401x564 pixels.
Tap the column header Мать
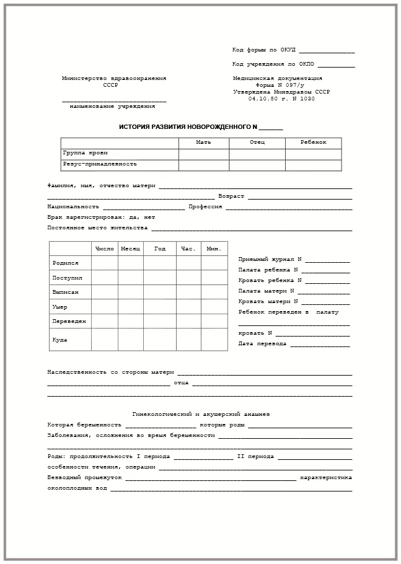[203, 143]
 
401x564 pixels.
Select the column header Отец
[257, 143]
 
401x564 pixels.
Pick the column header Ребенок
[313, 143]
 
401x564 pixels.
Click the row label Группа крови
[86, 153]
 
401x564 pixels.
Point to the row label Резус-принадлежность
[100, 164]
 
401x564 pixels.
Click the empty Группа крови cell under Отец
[257, 154]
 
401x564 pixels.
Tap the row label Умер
[60, 307]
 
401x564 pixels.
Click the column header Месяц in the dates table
[131, 249]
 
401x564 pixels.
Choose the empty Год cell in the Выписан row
[160, 292]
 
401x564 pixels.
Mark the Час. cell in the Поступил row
[188, 278]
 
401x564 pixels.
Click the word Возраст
[231, 196]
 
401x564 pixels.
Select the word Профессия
[205, 207]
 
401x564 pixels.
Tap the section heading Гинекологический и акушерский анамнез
[201, 414]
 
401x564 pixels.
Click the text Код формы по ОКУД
[264, 50]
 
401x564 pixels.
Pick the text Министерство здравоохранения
[114, 79]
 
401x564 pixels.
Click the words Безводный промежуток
[84, 478]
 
